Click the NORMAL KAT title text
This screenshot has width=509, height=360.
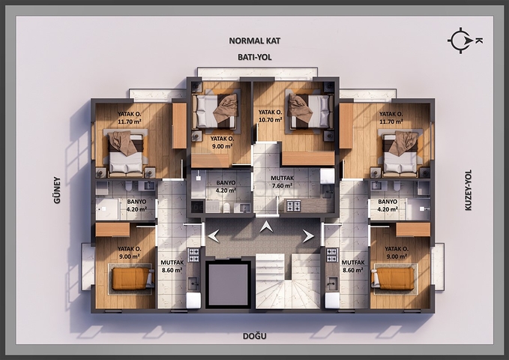pyautogui.click(x=254, y=41)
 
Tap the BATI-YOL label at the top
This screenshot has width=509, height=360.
pyautogui.click(x=253, y=56)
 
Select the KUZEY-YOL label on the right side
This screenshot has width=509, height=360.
pyautogui.click(x=469, y=189)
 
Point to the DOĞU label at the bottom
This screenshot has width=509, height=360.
pyautogui.click(x=254, y=336)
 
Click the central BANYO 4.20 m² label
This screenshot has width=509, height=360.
pyautogui.click(x=226, y=186)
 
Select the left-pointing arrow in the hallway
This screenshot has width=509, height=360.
pyautogui.click(x=214, y=235)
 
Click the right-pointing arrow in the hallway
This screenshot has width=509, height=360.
pyautogui.click(x=307, y=235)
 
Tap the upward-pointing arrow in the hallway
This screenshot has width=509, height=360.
pyautogui.click(x=266, y=226)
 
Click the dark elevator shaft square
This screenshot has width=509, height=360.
pyautogui.click(x=228, y=284)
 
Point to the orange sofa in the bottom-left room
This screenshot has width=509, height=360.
pyautogui.click(x=131, y=279)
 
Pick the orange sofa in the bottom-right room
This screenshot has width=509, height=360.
pyautogui.click(x=394, y=279)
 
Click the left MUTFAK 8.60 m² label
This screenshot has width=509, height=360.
pyautogui.click(x=172, y=266)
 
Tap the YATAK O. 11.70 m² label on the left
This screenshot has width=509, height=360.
pyautogui.click(x=130, y=117)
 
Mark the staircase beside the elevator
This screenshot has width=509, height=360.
pyautogui.click(x=289, y=283)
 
